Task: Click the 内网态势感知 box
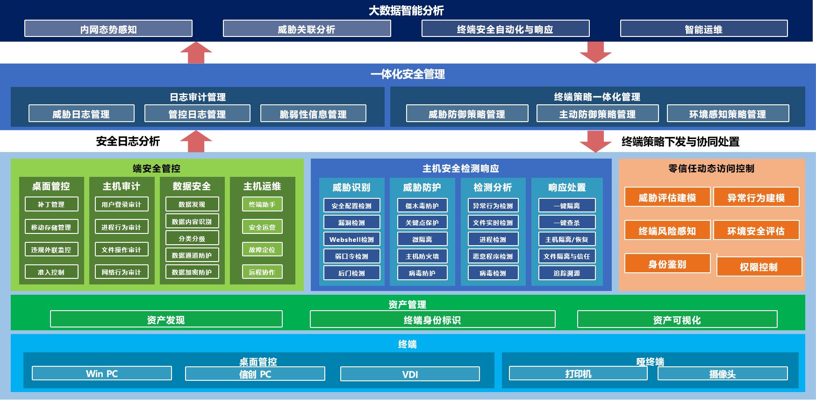pyautogui.click(x=108, y=29)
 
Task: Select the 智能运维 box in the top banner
pyautogui.click(x=704, y=29)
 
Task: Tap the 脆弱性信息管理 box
pyautogui.click(x=313, y=114)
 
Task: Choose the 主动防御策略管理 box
pyautogui.click(x=597, y=114)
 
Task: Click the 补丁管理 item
pyautogui.click(x=51, y=204)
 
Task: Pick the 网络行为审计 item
pyautogui.click(x=122, y=272)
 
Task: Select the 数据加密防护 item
pyautogui.click(x=192, y=272)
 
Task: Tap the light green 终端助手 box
pyautogui.click(x=262, y=204)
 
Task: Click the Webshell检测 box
pyautogui.click(x=351, y=240)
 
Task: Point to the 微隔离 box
pyautogui.click(x=422, y=240)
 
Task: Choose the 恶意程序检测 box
pyautogui.click(x=493, y=256)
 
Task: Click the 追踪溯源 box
pyautogui.click(x=567, y=273)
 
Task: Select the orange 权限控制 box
pyautogui.click(x=759, y=267)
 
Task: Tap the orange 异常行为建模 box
pyautogui.click(x=756, y=197)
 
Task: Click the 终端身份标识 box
pyautogui.click(x=432, y=320)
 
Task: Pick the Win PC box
pyautogui.click(x=102, y=373)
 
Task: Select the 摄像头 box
pyautogui.click(x=723, y=374)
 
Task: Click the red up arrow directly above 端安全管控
pyautogui.click(x=196, y=141)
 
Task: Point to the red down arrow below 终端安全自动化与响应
pyautogui.click(x=596, y=52)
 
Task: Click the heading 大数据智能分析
pyautogui.click(x=406, y=10)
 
